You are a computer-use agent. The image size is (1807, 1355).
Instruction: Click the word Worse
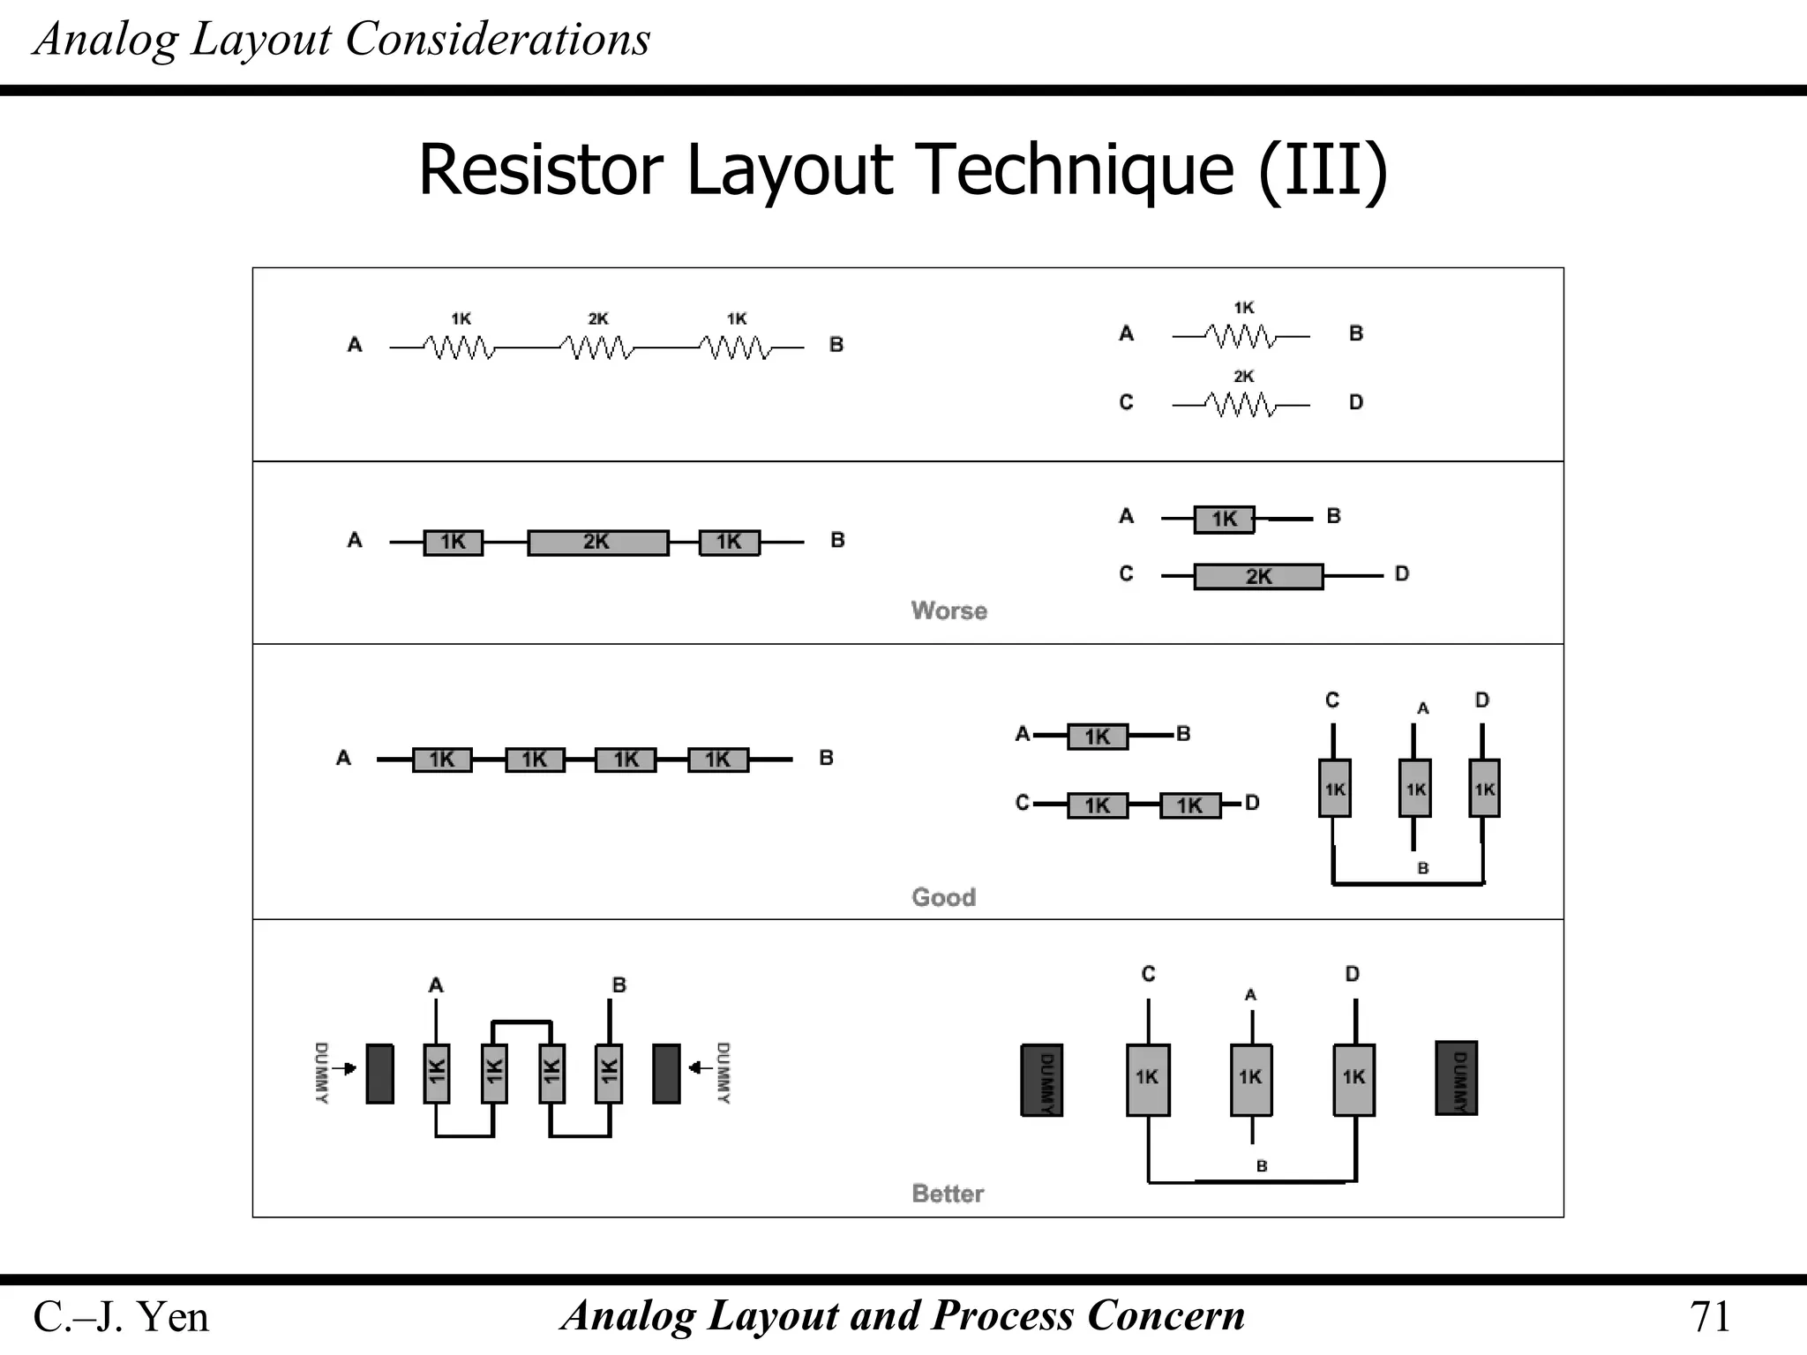[x=948, y=610]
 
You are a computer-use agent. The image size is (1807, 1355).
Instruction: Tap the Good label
[x=943, y=897]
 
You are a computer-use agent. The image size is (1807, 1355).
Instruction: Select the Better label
[x=948, y=1194]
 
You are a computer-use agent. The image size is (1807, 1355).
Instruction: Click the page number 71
[x=1709, y=1317]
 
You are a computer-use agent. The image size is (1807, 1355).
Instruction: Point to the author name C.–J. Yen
[x=121, y=1317]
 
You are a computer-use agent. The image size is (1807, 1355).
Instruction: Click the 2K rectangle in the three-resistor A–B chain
[x=597, y=542]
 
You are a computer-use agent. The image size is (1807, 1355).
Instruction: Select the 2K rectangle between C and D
[x=1258, y=577]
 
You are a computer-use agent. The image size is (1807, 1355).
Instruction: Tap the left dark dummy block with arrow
[x=379, y=1074]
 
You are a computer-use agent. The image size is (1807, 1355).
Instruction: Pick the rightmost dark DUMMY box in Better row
[x=1456, y=1078]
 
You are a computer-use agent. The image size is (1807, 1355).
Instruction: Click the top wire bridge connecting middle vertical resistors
[x=521, y=1022]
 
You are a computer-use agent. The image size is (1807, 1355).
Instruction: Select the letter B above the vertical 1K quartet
[x=619, y=985]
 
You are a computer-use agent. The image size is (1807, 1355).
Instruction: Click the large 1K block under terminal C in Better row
[x=1148, y=1080]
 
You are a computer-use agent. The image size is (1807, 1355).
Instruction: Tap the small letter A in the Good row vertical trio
[x=1422, y=708]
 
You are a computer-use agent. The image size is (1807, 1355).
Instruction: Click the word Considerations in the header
[x=498, y=40]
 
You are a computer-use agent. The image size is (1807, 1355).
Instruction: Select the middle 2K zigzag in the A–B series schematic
[x=597, y=348]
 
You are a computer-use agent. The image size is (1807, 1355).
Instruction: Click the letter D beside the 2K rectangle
[x=1402, y=574]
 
